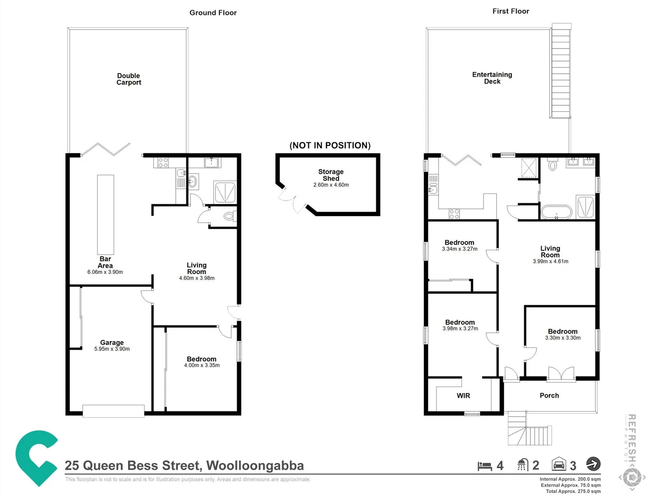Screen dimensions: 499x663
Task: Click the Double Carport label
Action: tap(129, 79)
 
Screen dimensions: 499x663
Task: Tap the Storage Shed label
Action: tap(331, 175)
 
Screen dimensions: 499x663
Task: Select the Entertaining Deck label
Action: tap(492, 78)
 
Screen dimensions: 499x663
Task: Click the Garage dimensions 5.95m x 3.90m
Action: tap(112, 349)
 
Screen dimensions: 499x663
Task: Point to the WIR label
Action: tap(463, 396)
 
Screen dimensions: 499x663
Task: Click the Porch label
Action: tap(549, 396)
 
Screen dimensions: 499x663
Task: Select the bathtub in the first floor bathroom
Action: tap(556, 212)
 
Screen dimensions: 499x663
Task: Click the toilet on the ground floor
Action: tap(229, 216)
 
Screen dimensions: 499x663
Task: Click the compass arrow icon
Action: tap(593, 463)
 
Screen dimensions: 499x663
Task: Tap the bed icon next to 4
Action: tap(485, 466)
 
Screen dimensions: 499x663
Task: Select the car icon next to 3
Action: tap(559, 464)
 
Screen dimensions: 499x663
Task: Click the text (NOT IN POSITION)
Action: tap(330, 146)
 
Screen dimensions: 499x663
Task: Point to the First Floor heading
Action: tap(510, 11)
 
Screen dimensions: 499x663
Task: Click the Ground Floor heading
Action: tap(213, 12)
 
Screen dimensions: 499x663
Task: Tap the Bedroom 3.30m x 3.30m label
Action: tap(563, 335)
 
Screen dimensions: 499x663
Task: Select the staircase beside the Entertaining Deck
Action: tap(560, 72)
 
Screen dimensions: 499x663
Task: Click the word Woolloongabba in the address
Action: tap(255, 466)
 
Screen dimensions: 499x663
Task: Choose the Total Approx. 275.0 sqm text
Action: tap(573, 491)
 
